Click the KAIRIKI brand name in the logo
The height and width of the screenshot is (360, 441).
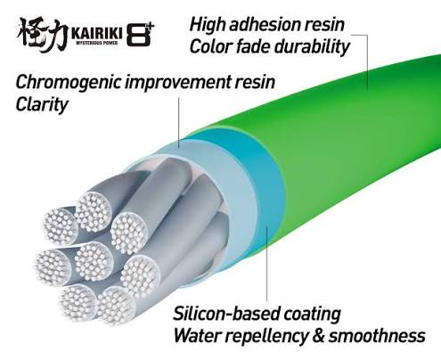pos(97,33)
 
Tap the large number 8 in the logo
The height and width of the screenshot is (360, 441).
pos(138,35)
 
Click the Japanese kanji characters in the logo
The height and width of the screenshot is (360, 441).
pos(42,34)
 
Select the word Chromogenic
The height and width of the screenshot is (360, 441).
pos(69,82)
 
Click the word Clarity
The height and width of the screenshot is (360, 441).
pos(42,105)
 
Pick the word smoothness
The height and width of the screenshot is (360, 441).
pos(377,336)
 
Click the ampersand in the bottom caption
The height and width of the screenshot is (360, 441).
pos(318,336)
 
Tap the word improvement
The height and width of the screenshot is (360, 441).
pos(178,82)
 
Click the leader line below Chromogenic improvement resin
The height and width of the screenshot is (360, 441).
pos(179,123)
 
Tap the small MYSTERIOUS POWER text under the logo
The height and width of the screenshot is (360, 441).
pos(97,43)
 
